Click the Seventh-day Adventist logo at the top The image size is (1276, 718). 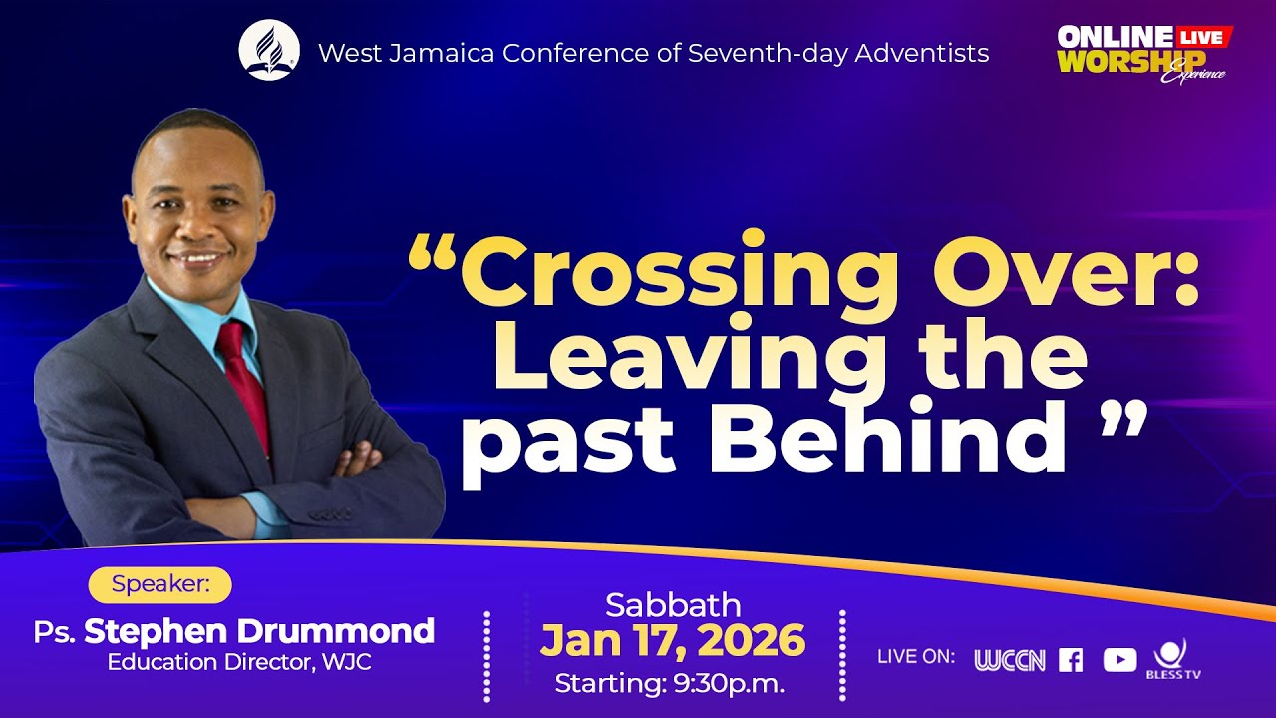[269, 51]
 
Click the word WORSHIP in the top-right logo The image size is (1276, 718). [1130, 62]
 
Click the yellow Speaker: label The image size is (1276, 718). [159, 585]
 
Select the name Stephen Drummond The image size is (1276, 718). [259, 631]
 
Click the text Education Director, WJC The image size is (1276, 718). [239, 662]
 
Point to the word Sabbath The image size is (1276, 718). [673, 605]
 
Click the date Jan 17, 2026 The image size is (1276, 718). [673, 642]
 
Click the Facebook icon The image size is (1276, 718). [1071, 660]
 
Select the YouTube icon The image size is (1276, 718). [1119, 660]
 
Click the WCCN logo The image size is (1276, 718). [1009, 660]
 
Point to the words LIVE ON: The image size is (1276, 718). [915, 657]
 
